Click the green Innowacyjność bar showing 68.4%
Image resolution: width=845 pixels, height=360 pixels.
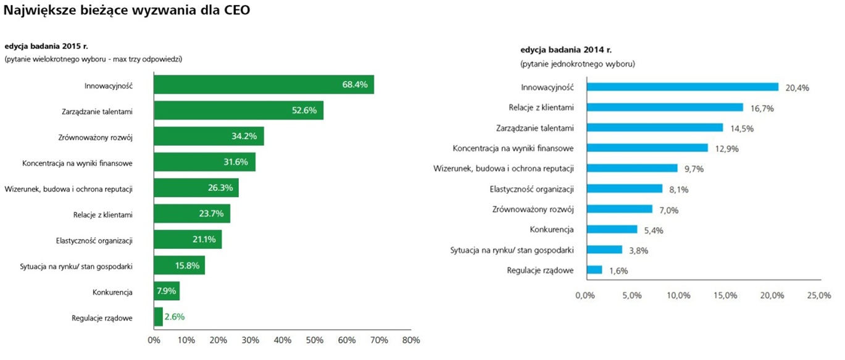point(264,85)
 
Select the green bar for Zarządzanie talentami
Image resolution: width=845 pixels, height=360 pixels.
point(238,111)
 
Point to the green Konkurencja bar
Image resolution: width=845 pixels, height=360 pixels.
point(167,291)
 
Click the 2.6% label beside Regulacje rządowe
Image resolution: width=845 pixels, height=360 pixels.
point(175,317)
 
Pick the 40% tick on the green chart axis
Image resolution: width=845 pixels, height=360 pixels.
point(282,340)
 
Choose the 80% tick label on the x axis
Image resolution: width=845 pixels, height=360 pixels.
point(410,340)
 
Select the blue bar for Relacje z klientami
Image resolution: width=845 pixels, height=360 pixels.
point(664,107)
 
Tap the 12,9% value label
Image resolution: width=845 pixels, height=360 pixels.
point(726,149)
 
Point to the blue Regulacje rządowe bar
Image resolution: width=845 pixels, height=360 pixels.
point(594,270)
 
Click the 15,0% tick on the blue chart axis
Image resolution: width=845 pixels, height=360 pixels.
point(725,295)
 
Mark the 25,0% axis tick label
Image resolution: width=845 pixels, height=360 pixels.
point(819,295)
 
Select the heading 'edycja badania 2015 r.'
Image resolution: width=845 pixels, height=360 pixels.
point(48,46)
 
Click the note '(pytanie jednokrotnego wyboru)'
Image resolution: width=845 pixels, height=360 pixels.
point(578,64)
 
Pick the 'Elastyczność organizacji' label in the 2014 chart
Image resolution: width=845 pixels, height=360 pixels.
point(531,189)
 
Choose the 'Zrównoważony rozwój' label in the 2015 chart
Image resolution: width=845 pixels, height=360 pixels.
point(97,137)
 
